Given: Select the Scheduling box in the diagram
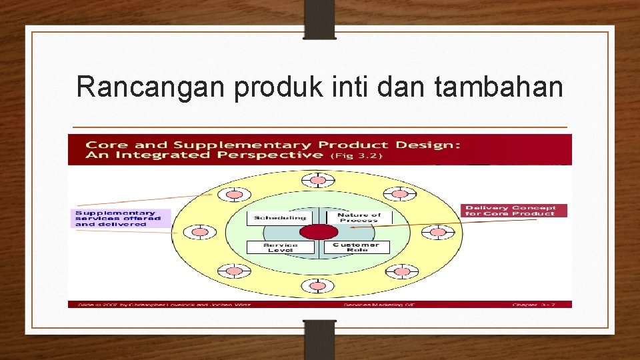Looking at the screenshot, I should point(279,217).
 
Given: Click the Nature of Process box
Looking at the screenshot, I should point(358,217).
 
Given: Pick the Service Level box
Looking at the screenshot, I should point(279,247).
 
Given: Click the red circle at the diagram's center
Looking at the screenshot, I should point(319,232).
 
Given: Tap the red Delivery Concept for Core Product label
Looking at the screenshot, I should point(513,211).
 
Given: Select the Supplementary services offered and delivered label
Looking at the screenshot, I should point(120,219).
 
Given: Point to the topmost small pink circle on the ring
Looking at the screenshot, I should point(319,180).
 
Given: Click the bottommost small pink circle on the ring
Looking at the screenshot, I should point(319,286).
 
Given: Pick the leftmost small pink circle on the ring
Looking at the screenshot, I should point(199,233).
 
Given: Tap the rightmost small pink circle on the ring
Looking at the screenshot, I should point(438,233).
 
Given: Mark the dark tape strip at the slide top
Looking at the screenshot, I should point(320,19).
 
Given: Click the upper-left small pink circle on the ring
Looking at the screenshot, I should point(235,195).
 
